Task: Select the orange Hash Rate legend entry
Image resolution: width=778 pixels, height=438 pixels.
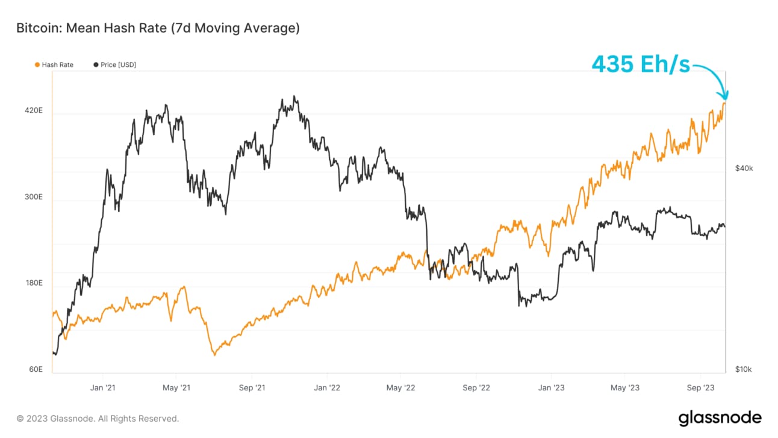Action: [x=55, y=64]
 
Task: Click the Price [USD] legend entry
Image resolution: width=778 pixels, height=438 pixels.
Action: [x=115, y=64]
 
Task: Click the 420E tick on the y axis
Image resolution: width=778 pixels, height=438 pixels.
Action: [x=33, y=111]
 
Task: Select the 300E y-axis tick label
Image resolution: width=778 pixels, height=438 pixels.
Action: [x=33, y=197]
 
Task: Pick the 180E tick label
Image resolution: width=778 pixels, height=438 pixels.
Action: [x=33, y=283]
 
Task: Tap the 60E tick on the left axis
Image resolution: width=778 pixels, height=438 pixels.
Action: [x=35, y=369]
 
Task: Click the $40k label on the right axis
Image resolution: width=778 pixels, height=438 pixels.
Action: [x=744, y=168]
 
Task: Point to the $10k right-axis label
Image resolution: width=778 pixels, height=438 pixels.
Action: [x=744, y=369]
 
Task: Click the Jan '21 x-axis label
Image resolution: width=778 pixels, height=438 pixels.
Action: [x=102, y=388]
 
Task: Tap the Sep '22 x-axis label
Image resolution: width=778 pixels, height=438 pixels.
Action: [x=477, y=388]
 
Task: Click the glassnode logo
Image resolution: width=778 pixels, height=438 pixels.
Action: [x=720, y=418]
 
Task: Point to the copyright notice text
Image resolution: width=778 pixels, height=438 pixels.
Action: [x=98, y=418]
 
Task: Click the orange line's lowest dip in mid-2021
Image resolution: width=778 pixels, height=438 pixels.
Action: [x=214, y=354]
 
